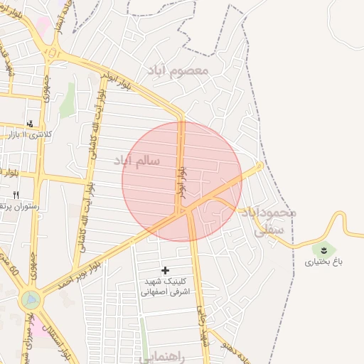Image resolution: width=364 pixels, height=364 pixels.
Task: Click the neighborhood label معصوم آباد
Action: coord(177,70)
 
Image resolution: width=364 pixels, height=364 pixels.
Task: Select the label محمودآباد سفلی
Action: coord(267,220)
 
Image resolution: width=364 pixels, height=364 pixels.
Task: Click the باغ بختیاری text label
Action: coord(324,262)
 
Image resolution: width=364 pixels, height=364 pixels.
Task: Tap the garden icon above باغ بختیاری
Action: coord(323,250)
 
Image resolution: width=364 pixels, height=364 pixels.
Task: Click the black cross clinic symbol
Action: coord(166,270)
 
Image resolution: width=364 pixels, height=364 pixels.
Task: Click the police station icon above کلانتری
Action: coord(29,122)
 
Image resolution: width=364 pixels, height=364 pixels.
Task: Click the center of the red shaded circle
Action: coord(182,181)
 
